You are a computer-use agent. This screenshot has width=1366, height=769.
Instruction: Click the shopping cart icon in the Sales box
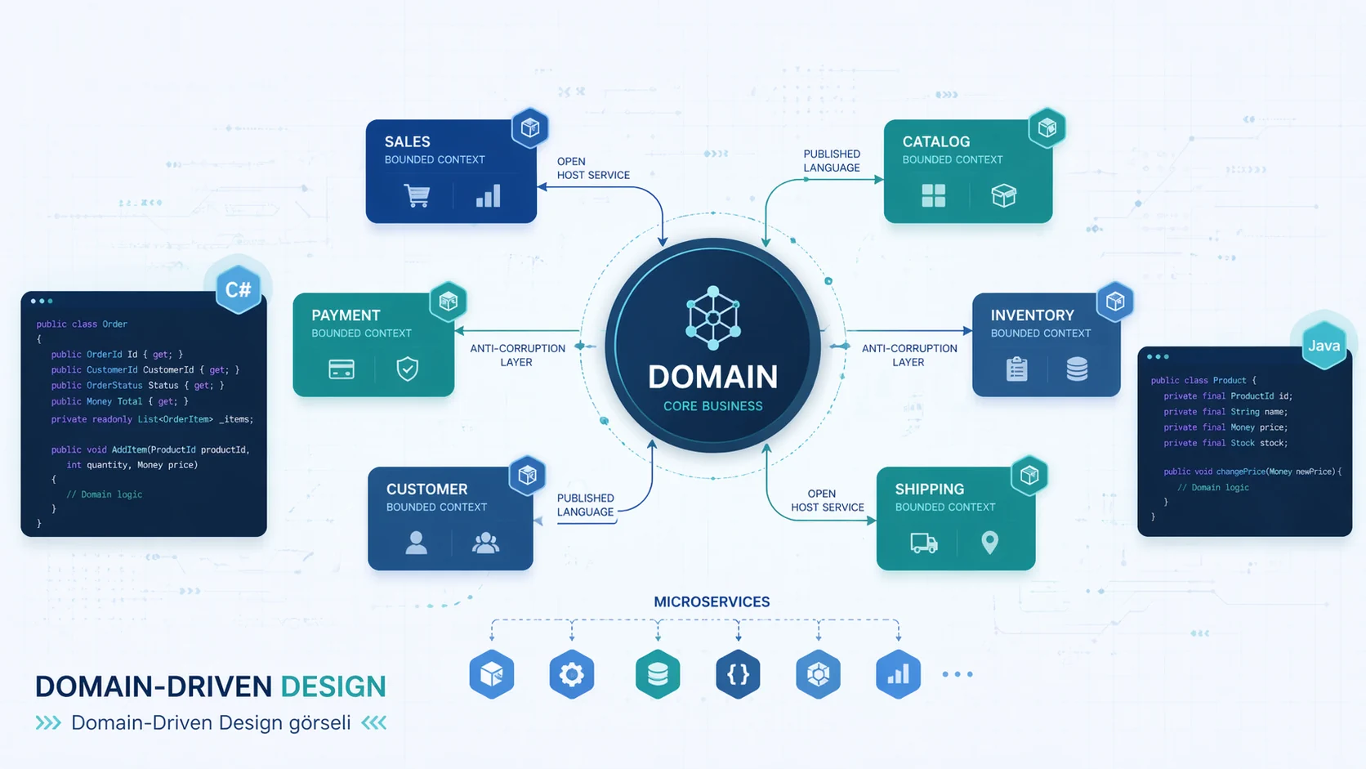tap(417, 196)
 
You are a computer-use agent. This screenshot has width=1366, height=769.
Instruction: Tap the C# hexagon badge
tap(238, 289)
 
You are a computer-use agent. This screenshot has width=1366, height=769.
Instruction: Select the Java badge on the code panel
tap(1324, 346)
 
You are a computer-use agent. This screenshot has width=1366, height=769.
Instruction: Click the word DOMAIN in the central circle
tap(712, 377)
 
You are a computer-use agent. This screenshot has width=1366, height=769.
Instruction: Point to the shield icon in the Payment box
tap(407, 369)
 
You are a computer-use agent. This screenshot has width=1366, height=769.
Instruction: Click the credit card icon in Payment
tap(341, 369)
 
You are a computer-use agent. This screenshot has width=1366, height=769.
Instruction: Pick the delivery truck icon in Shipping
tap(924, 543)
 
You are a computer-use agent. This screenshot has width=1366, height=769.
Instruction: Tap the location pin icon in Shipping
tap(989, 543)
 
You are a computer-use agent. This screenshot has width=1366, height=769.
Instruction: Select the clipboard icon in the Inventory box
tap(1016, 369)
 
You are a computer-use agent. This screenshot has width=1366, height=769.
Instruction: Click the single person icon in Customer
tap(416, 543)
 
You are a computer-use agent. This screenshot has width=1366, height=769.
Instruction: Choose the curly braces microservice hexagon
tap(738, 674)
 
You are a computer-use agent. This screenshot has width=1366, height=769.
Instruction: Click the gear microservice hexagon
tap(571, 674)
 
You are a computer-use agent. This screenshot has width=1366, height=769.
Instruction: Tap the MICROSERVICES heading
tap(712, 601)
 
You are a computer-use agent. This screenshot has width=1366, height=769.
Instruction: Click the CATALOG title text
tap(936, 141)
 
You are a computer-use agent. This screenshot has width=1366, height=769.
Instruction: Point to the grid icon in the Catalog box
tap(933, 195)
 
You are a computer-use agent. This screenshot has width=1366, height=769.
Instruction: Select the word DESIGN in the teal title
tap(333, 686)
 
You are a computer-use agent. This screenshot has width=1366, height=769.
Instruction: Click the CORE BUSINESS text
tap(712, 406)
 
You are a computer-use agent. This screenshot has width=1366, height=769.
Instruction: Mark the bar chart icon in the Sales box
tap(488, 196)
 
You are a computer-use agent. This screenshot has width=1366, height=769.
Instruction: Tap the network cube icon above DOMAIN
tap(713, 317)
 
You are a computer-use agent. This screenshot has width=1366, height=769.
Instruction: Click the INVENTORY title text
tap(1032, 315)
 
